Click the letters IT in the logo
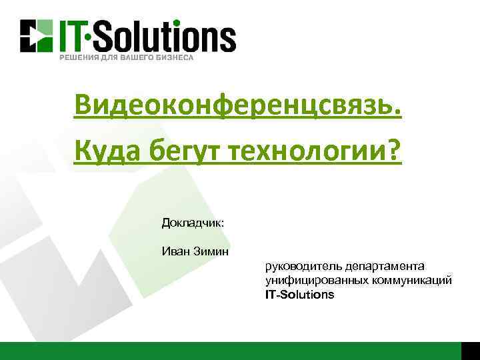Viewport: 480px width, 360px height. pos(74,35)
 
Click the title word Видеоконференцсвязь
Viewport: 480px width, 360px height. pos(238,105)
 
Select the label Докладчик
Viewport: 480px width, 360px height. pos(193,223)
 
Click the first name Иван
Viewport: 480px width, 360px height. pos(174,251)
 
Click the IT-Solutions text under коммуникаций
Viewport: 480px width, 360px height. pos(299,294)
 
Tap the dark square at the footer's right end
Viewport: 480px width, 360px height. pos(470,351)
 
